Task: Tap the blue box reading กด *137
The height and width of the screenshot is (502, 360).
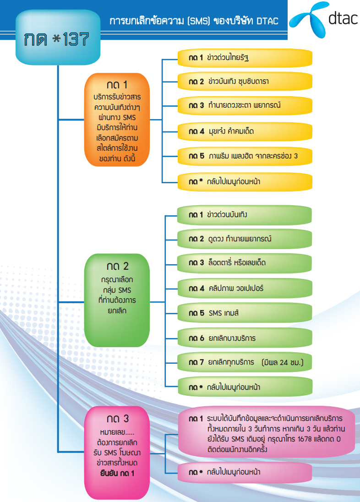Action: (x=58, y=39)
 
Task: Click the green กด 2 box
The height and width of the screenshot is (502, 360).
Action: (x=117, y=294)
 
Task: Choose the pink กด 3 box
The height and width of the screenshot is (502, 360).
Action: (x=117, y=452)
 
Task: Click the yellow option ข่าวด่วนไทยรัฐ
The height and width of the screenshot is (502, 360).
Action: (x=245, y=58)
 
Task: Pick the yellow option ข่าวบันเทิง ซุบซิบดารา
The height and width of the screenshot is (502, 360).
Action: (x=245, y=82)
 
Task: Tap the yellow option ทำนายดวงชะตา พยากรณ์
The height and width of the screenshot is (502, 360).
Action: (x=245, y=106)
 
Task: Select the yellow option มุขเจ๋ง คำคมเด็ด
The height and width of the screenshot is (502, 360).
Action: (x=245, y=131)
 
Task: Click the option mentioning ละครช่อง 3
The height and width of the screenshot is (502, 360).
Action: (x=245, y=156)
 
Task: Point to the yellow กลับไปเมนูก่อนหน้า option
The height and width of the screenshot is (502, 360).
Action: (x=245, y=181)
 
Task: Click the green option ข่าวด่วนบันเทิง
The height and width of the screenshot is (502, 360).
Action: (x=245, y=215)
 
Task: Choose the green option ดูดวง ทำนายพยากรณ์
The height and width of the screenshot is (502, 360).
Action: (x=245, y=239)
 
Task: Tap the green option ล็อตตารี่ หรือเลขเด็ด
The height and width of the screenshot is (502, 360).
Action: (x=245, y=263)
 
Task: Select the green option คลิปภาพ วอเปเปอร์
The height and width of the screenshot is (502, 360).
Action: (x=245, y=289)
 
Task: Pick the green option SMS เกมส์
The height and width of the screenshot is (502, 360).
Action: (x=245, y=313)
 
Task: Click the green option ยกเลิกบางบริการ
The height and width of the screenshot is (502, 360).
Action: (x=245, y=338)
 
